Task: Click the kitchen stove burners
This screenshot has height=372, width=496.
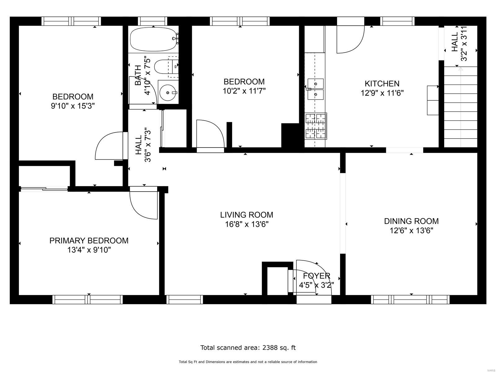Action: [315, 126]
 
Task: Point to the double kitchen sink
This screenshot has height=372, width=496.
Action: [316, 89]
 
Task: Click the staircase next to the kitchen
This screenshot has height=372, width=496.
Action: [460, 107]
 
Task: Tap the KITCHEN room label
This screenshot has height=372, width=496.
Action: [382, 84]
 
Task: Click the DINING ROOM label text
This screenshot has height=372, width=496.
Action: [411, 221]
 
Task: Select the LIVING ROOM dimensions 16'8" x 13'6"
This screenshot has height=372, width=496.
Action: [247, 224]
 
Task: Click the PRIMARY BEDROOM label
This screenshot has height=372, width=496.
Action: [89, 241]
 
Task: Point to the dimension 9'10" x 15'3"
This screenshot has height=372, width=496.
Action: [73, 106]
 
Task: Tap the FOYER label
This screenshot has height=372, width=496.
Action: [316, 276]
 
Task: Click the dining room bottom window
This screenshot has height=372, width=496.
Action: [410, 299]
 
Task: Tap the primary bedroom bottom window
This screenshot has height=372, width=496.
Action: [87, 299]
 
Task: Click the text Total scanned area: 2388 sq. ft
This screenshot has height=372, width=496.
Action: [248, 348]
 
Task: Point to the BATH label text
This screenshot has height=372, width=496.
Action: [138, 75]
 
